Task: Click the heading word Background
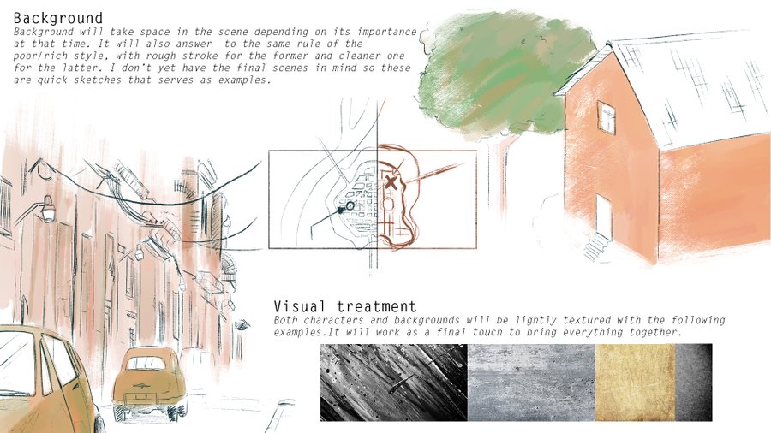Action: pyautogui.click(x=58, y=18)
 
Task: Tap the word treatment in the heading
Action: pyautogui.click(x=377, y=307)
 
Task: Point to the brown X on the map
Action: pyautogui.click(x=391, y=182)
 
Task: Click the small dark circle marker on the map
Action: pyautogui.click(x=350, y=205)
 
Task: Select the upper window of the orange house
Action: pyautogui.click(x=607, y=117)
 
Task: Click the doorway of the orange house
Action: pyautogui.click(x=604, y=215)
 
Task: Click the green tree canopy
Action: pyautogui.click(x=506, y=74)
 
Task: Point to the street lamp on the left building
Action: pyautogui.click(x=48, y=209)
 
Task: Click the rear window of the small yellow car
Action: pyautogui.click(x=146, y=363)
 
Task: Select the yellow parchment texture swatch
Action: pyautogui.click(x=635, y=383)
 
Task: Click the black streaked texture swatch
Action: pyautogui.click(x=394, y=383)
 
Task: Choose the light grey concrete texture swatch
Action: pyautogui.click(x=531, y=383)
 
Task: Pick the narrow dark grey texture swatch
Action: pyautogui.click(x=693, y=383)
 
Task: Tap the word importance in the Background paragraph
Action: pyautogui.click(x=387, y=32)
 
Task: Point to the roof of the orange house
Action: pyautogui.click(x=689, y=88)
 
